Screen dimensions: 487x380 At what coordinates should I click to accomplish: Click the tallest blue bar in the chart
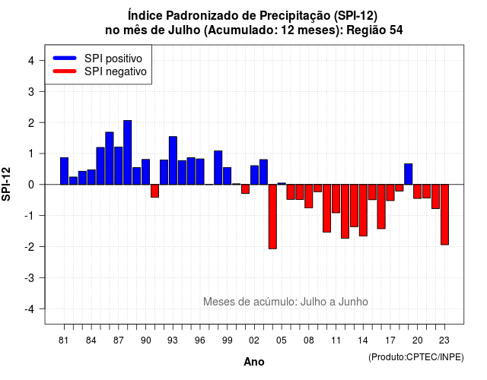point(127,152)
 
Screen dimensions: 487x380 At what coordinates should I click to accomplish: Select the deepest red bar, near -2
point(272,217)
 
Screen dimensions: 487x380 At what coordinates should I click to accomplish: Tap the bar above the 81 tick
point(64,171)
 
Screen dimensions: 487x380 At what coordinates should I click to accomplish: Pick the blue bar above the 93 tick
point(173,160)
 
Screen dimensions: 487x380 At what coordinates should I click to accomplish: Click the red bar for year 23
point(444,214)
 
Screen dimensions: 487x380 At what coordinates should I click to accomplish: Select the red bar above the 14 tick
point(363,211)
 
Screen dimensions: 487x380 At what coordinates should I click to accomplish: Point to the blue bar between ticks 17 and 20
point(409,174)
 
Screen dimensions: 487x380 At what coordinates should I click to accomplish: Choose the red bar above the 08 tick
point(309,196)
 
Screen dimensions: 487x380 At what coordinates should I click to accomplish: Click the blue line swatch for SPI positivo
point(65,58)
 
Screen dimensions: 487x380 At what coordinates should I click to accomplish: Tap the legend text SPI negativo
point(115,71)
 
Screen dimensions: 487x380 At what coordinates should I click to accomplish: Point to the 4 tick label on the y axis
point(31,61)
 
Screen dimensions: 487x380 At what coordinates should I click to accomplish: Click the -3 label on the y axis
point(30,277)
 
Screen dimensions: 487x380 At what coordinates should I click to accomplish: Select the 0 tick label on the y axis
point(31,185)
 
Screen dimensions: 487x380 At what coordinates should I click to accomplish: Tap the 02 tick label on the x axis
point(253,340)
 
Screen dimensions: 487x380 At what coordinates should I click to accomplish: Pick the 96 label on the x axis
point(199,340)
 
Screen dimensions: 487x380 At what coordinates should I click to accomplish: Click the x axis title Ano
point(254,362)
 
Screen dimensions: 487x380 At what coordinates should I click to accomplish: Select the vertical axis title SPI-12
point(6,184)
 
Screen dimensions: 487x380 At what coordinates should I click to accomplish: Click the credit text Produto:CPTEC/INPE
point(416,357)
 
